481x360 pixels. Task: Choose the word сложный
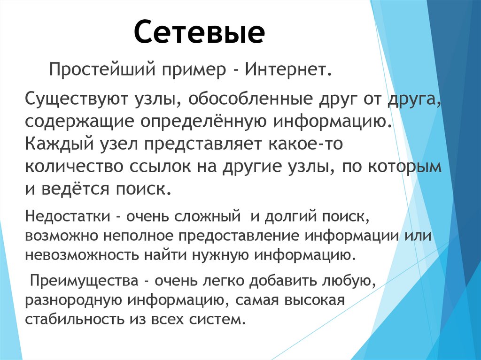(207, 217)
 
